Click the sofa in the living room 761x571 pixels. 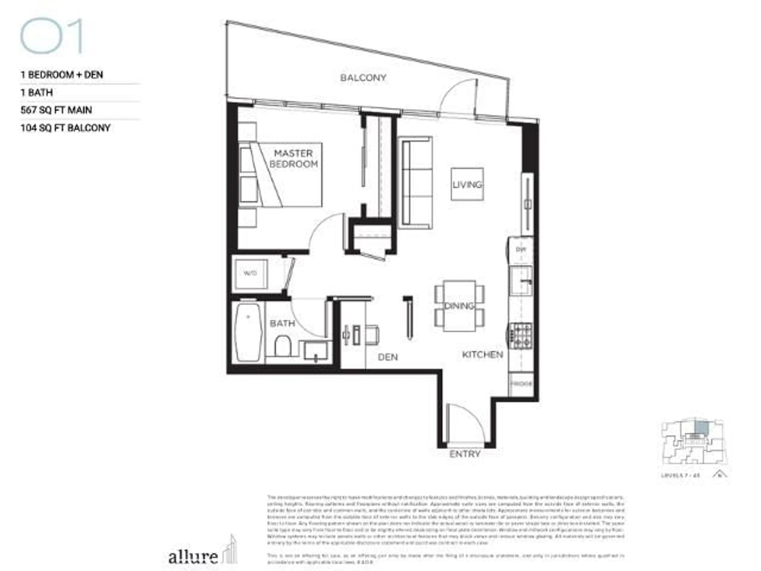coord(415,183)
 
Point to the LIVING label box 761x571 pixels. coord(467,184)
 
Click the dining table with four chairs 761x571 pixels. coord(459,306)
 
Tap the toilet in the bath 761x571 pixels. coord(282,346)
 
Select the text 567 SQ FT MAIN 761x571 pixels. coord(56,110)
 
